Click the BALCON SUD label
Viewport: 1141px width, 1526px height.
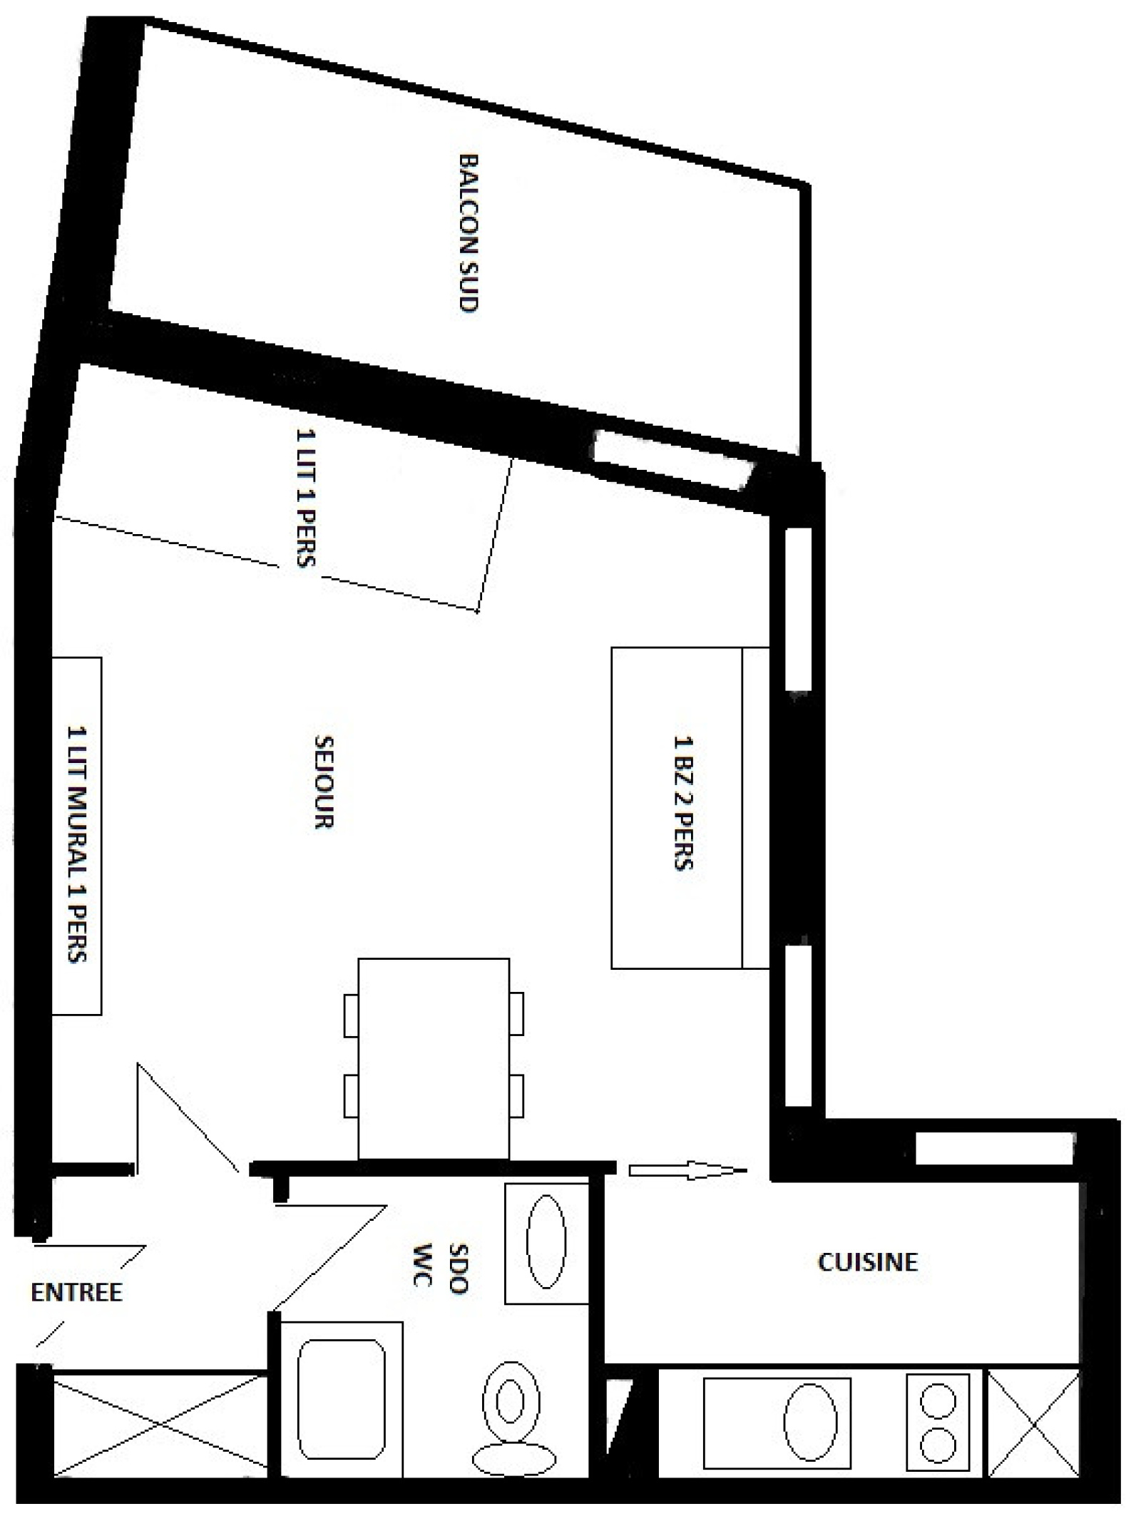pyautogui.click(x=468, y=232)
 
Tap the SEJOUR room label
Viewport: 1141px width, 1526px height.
pyautogui.click(x=324, y=782)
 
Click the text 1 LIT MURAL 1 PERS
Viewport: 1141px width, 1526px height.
pyautogui.click(x=78, y=844)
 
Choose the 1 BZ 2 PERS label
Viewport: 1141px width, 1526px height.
pyautogui.click(x=683, y=803)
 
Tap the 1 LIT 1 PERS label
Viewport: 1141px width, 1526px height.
pyautogui.click(x=305, y=497)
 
